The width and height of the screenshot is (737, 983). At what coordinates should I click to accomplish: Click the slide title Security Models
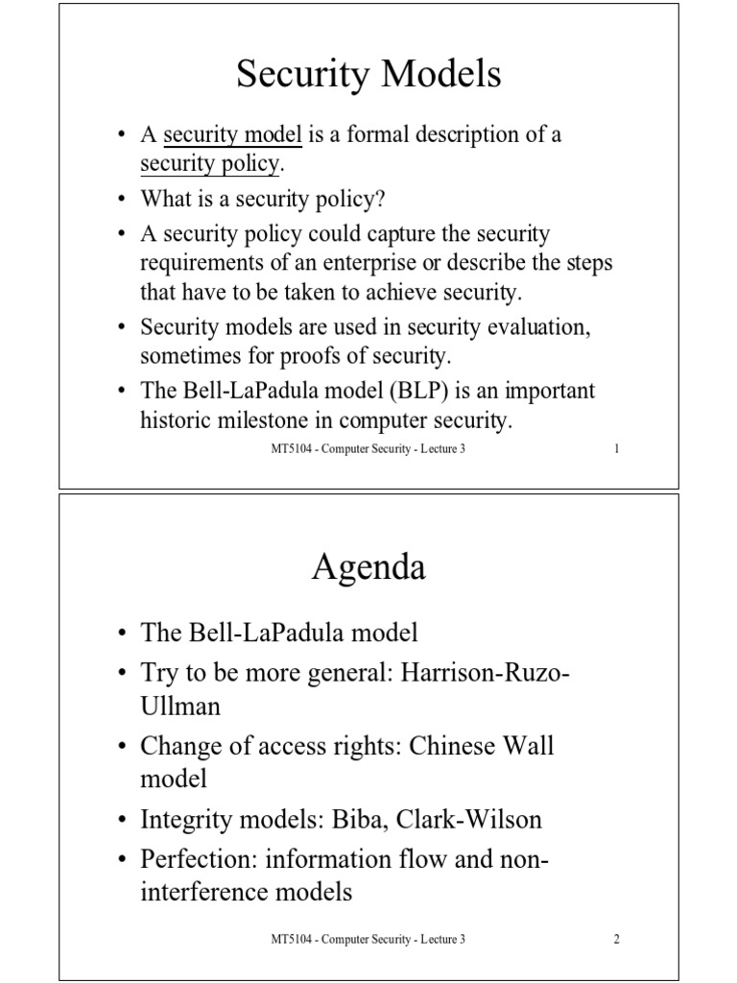click(x=368, y=75)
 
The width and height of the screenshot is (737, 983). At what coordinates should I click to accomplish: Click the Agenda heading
click(x=368, y=567)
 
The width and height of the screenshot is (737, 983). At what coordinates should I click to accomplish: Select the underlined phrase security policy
click(x=209, y=163)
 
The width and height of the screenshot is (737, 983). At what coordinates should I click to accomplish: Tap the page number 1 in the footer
click(x=616, y=449)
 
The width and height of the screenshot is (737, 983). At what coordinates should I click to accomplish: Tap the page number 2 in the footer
click(x=616, y=939)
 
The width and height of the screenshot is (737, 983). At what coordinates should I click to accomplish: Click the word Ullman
click(x=180, y=707)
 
